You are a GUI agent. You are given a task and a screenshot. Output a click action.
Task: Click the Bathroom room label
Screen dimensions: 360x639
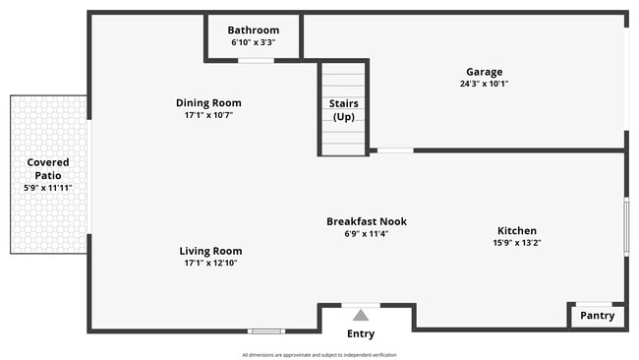253,30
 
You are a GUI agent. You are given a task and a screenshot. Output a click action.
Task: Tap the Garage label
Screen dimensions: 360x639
484,72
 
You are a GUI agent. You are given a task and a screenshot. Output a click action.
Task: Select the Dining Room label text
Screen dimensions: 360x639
208,103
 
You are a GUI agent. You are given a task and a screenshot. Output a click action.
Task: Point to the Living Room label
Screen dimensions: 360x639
210,251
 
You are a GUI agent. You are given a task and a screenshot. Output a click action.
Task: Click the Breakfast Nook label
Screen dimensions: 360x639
367,222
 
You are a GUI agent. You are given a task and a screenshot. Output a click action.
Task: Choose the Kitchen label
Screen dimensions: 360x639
517,231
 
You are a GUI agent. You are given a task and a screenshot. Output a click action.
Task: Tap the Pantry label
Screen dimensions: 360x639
597,316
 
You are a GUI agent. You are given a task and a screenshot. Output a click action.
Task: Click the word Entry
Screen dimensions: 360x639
361,334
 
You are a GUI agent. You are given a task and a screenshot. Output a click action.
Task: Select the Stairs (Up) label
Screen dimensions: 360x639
344,110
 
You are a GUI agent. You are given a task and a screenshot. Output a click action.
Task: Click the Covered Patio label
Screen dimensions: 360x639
48,169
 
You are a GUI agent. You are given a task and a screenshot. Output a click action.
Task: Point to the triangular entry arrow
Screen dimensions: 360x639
361,316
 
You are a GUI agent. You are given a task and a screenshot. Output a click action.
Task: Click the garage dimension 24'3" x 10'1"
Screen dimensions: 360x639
484,84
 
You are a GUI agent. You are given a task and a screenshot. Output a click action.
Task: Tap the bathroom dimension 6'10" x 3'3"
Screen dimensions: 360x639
253,43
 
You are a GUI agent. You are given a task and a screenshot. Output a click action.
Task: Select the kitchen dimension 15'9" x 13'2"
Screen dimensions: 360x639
517,243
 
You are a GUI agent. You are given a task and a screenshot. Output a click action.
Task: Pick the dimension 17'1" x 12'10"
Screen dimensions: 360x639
210,263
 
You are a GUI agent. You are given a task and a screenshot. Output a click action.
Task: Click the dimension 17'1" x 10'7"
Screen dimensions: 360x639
208,115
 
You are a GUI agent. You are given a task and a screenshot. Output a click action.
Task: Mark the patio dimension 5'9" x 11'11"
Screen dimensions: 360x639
48,188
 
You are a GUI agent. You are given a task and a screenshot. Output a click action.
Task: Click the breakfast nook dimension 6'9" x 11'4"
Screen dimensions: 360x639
367,234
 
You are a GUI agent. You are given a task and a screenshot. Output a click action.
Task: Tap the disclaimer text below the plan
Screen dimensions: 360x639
319,355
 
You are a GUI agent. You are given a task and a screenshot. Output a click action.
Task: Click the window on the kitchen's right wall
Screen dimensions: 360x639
626,227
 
